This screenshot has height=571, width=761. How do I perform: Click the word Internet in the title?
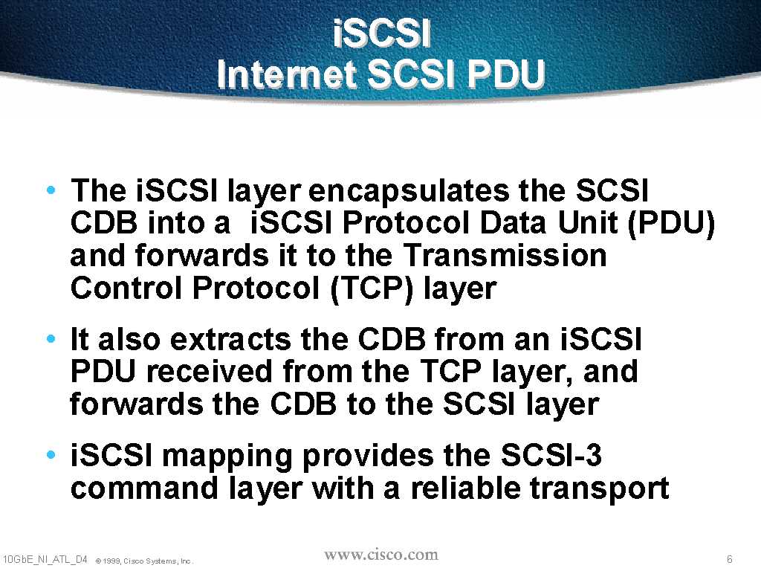[286, 74]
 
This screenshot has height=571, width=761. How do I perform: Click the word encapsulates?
[409, 192]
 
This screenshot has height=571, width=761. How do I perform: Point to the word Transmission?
[505, 255]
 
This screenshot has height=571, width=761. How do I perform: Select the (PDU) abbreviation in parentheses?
[671, 224]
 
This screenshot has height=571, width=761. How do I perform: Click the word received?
[210, 372]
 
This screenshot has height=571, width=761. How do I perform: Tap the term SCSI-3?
[551, 455]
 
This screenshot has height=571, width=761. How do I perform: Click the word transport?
[600, 489]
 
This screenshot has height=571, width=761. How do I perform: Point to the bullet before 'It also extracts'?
[51, 338]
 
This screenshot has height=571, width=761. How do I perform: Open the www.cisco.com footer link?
[381, 555]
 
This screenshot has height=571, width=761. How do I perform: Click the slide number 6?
[730, 559]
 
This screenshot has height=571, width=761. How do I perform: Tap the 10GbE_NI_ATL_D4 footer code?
[45, 560]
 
